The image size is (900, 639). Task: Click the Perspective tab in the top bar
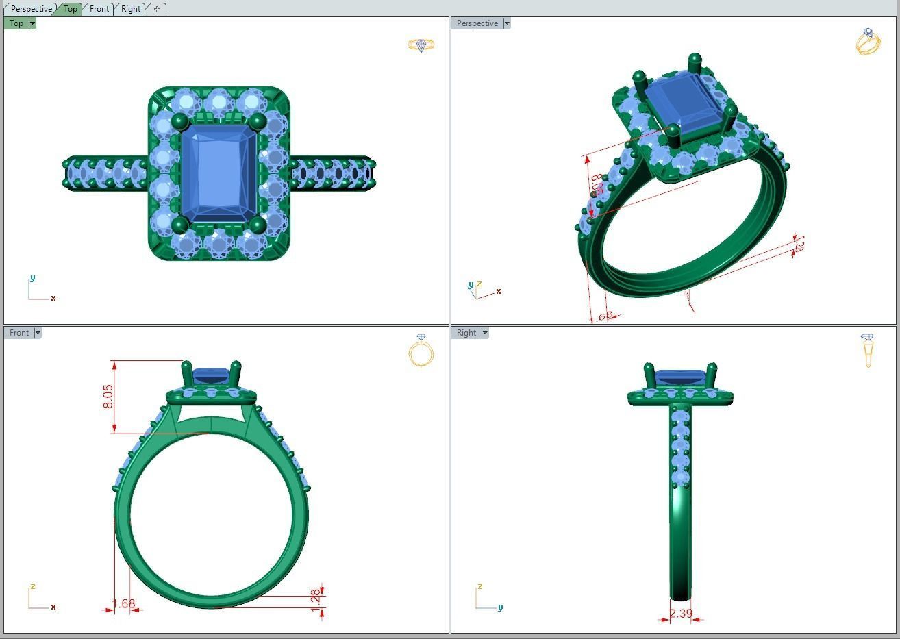[x=32, y=9]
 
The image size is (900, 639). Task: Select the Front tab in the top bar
[x=99, y=9]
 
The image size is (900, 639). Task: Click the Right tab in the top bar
[x=131, y=9]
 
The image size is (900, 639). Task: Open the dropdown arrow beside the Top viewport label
[x=32, y=23]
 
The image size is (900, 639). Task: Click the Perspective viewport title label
[x=477, y=23]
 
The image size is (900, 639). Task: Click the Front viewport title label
[x=19, y=333]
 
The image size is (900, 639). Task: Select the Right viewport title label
[x=466, y=333]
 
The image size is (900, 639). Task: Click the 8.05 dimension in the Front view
[x=108, y=397]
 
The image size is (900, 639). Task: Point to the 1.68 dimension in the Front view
[x=123, y=603]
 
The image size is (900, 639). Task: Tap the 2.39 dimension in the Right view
[x=681, y=614]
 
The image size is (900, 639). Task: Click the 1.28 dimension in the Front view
[x=316, y=596]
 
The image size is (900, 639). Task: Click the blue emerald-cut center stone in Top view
[x=218, y=173]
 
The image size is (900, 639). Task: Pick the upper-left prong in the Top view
[x=180, y=123]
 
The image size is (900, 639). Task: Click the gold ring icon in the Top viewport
[x=421, y=45]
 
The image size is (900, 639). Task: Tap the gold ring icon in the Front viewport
[x=421, y=351]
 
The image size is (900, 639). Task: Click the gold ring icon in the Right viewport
[x=868, y=349]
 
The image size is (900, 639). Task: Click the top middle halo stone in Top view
[x=218, y=103]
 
